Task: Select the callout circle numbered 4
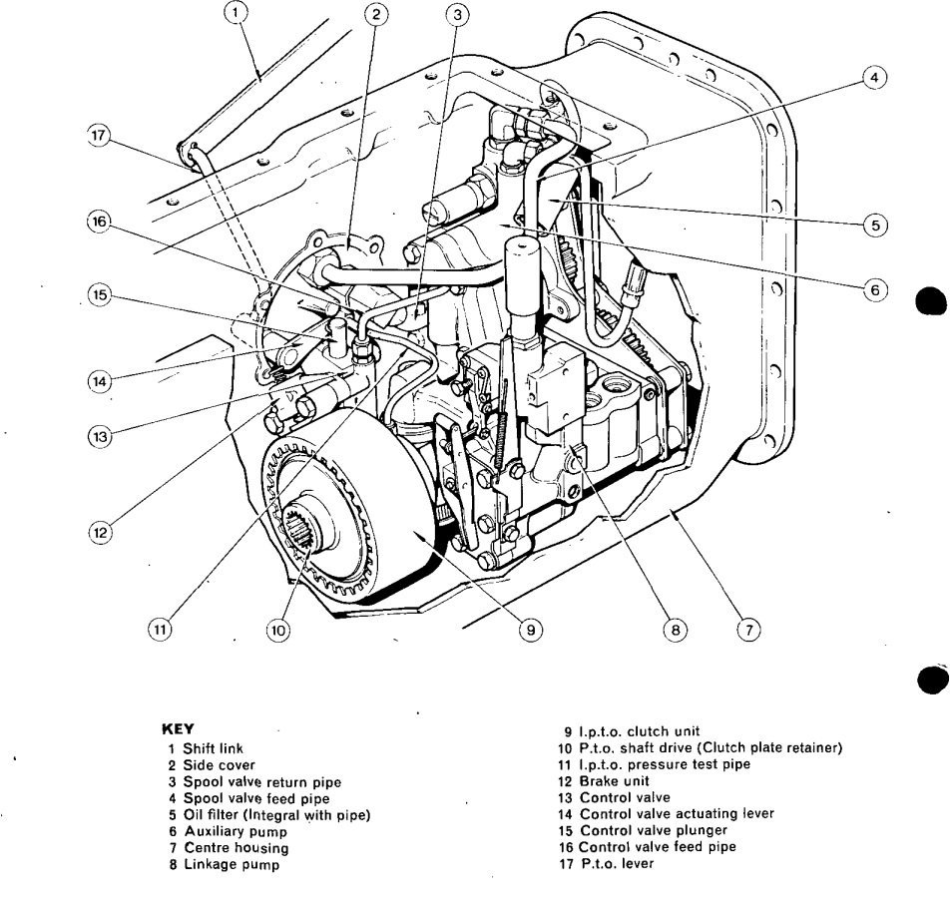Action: pos(873,78)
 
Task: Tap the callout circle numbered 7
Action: pos(748,629)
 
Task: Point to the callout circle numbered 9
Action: pos(531,630)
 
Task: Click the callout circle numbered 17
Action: pos(98,139)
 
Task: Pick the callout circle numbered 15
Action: pos(98,297)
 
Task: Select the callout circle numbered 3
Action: pos(457,14)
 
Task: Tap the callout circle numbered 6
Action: pos(873,290)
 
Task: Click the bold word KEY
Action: pos(176,729)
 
